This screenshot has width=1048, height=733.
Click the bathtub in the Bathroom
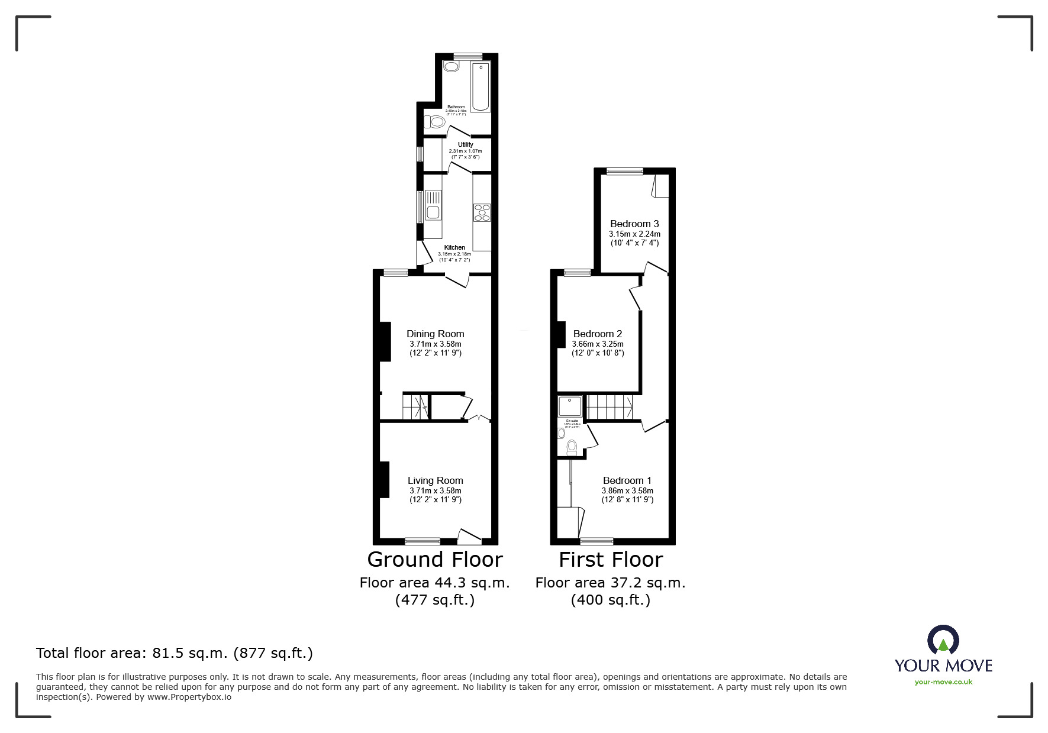[x=481, y=86]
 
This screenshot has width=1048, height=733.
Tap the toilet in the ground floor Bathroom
[x=436, y=122]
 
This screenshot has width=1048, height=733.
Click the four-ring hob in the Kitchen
[x=482, y=212]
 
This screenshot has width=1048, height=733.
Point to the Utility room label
[x=465, y=144]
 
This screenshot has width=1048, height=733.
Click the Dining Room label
[x=435, y=334]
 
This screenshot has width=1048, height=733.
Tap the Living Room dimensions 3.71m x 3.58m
[x=435, y=490]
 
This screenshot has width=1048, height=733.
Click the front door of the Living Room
[x=469, y=537]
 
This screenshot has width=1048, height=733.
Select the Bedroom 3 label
[x=634, y=224]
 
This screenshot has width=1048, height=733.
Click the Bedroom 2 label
[x=598, y=334]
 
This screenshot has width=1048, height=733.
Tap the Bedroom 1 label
[x=627, y=480]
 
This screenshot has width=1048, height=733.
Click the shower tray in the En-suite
[x=570, y=406]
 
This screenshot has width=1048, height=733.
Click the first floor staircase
[x=610, y=407]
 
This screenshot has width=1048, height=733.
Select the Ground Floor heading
[x=435, y=559]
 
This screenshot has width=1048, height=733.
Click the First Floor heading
[x=611, y=559]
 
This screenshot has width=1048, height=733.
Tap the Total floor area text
[x=175, y=653]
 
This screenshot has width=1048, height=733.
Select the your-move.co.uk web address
[x=943, y=682]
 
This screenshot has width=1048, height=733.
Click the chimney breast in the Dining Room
[x=385, y=341]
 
